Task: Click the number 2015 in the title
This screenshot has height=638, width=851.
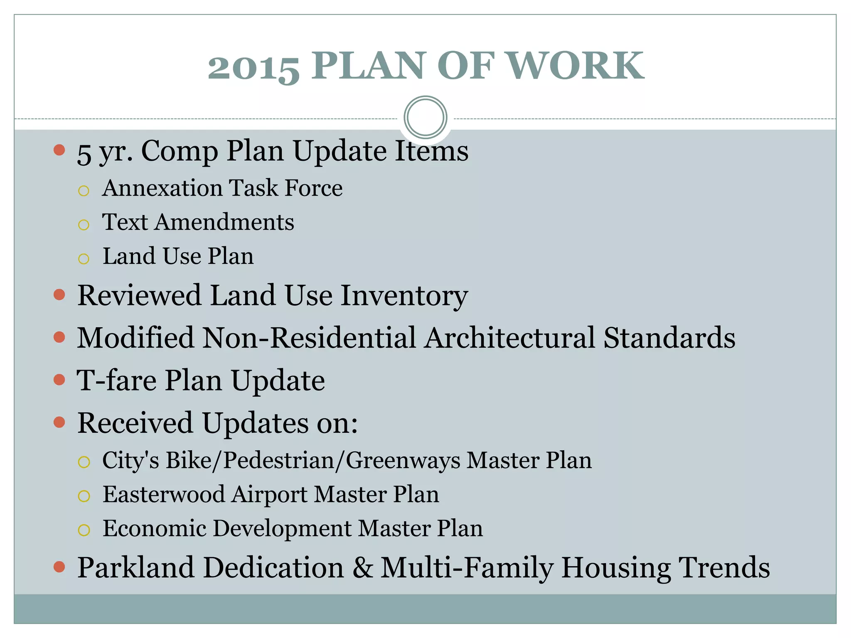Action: [x=253, y=66]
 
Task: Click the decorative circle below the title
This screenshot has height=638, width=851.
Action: [x=425, y=117]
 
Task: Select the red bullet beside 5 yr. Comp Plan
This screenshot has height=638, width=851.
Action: [x=59, y=150]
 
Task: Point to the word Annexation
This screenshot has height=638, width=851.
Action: [x=162, y=188]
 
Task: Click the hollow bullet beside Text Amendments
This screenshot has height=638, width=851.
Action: [x=84, y=225]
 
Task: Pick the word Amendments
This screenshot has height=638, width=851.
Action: [x=224, y=222]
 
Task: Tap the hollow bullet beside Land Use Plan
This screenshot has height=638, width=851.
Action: [x=84, y=259]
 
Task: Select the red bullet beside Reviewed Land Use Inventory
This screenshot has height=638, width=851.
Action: [x=59, y=295]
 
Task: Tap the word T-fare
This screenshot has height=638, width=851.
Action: [x=117, y=380]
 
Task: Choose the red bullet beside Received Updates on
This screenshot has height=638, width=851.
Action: [x=59, y=422]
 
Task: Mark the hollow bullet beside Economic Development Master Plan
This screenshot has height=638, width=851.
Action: [x=84, y=530]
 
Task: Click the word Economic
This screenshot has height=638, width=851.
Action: [x=155, y=528]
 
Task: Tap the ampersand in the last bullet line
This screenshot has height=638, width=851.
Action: [x=363, y=568]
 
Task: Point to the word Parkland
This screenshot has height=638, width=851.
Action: [x=136, y=568]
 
